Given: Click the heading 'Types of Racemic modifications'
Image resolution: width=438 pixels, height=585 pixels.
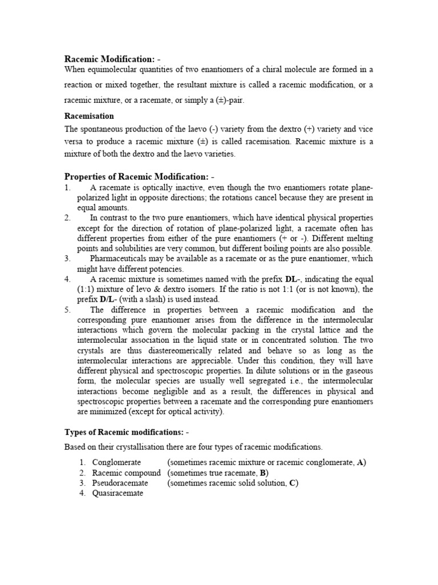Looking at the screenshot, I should (x=122, y=432).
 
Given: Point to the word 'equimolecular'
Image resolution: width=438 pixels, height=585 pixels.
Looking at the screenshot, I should (x=111, y=70).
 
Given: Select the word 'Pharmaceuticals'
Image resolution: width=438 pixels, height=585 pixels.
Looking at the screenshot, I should (x=119, y=259).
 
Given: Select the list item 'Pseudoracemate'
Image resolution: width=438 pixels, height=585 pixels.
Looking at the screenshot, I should (x=120, y=483).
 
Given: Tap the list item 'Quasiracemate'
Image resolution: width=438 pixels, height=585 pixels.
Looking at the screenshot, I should (x=117, y=494).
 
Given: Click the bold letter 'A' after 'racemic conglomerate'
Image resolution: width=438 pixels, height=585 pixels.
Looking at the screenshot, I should (x=361, y=463).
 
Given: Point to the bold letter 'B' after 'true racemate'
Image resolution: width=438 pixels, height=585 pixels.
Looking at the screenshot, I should (x=263, y=473).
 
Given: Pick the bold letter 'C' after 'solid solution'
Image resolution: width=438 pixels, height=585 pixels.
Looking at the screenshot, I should (x=293, y=483).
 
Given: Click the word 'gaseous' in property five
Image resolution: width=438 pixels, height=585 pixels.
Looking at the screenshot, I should (x=359, y=382).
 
